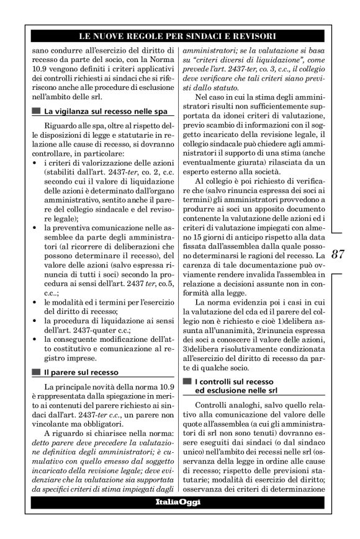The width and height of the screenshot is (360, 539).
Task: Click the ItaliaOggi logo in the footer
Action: click(178, 501)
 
